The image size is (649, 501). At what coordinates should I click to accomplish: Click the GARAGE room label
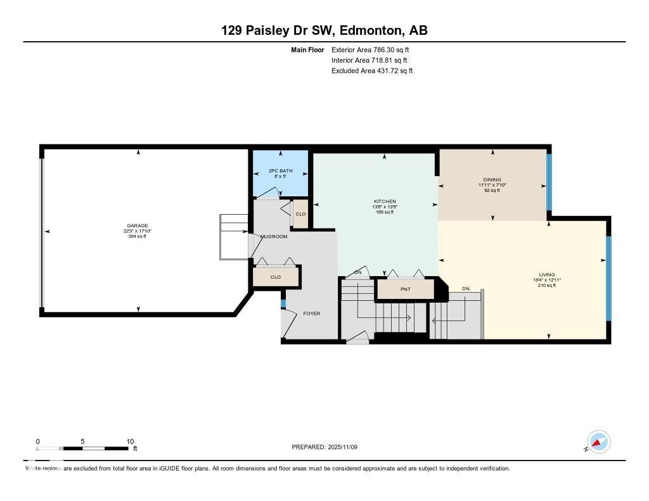tap(138, 225)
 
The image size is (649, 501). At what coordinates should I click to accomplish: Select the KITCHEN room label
tap(385, 201)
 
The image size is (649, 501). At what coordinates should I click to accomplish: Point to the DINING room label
tap(492, 179)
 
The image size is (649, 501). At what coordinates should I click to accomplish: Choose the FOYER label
tap(312, 314)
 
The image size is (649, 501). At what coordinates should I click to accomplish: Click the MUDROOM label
tap(274, 236)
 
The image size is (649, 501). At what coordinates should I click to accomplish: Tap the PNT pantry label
tap(406, 289)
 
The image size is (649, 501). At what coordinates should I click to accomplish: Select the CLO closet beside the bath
tap(300, 214)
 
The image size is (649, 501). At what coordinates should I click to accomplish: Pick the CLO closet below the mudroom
tap(276, 277)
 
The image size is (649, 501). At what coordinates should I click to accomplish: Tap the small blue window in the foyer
tap(283, 304)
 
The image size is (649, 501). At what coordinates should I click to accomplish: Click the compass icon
tap(598, 441)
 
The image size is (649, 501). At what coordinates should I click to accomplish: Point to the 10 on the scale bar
tap(130, 441)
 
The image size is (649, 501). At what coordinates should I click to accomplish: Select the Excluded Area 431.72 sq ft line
tap(372, 71)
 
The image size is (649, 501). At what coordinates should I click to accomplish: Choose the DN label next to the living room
tap(466, 289)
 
